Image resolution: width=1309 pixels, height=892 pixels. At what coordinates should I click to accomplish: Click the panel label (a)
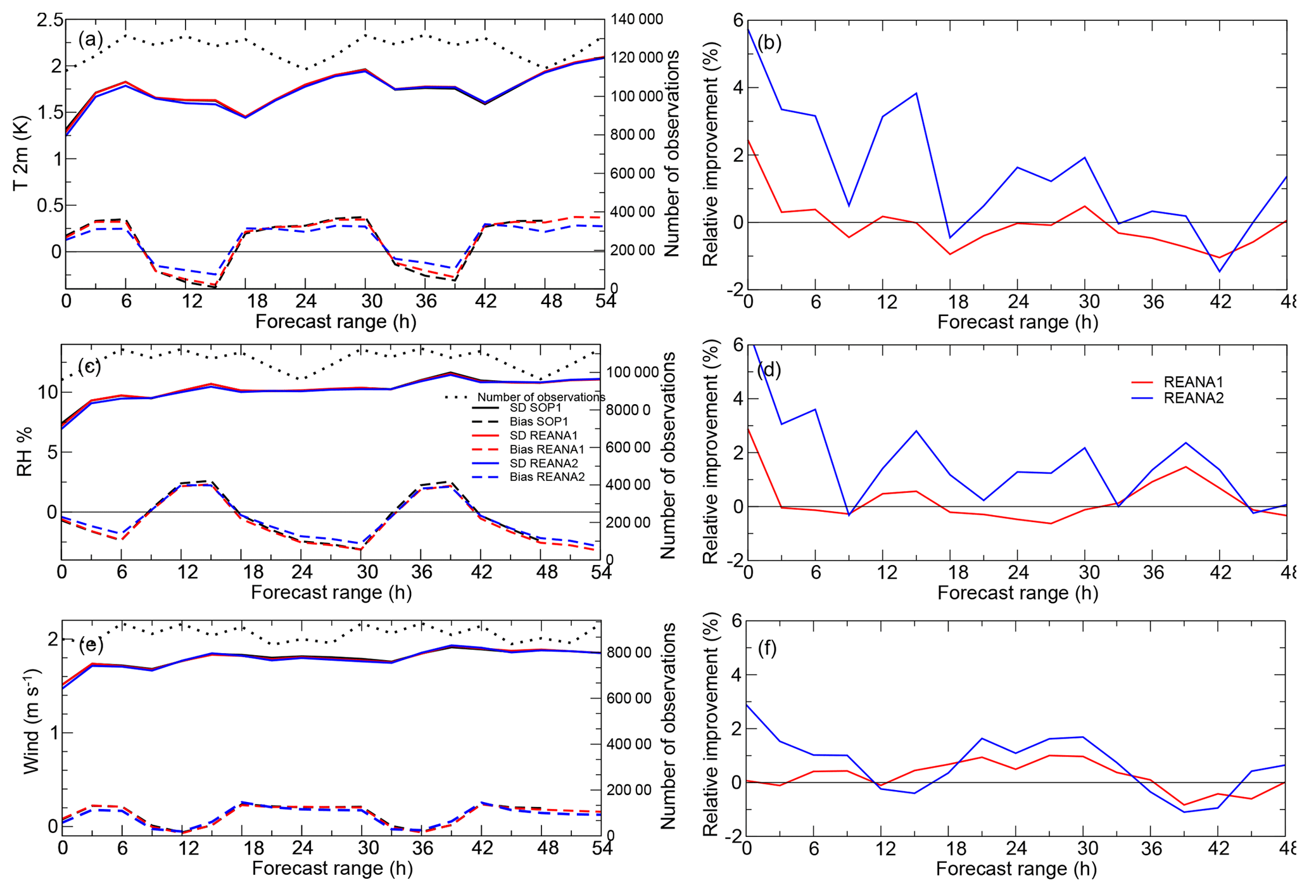[90, 39]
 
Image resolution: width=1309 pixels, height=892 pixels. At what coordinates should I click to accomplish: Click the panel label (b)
[769, 42]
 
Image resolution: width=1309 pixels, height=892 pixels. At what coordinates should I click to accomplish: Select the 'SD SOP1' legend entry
[535, 407]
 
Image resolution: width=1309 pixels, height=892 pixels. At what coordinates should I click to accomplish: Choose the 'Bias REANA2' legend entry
[547, 476]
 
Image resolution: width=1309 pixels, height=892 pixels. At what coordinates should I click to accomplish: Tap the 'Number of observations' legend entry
[541, 397]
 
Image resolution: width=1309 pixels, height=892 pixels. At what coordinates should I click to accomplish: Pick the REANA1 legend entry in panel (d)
[1193, 382]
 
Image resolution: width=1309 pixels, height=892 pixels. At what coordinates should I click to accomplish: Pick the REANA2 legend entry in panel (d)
[1193, 398]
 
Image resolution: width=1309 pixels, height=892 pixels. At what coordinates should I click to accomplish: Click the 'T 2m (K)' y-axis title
[21, 153]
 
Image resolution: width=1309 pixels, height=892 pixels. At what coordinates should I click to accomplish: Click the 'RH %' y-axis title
[24, 452]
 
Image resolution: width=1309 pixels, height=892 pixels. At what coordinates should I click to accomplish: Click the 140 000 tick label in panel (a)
[636, 19]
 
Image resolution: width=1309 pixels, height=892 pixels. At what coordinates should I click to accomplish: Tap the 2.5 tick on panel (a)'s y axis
[50, 20]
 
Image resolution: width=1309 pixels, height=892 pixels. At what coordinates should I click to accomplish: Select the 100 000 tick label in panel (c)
[633, 372]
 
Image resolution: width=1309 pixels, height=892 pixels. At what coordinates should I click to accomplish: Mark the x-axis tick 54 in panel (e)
[602, 848]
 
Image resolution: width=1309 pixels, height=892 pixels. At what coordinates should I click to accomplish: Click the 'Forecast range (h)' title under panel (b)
[1017, 322]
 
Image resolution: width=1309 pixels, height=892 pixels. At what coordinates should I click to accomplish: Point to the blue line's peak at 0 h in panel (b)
[749, 29]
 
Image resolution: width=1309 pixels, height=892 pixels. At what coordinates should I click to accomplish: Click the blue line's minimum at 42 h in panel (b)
[1219, 272]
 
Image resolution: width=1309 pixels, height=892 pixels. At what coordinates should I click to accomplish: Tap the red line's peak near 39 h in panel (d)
[1186, 466]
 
